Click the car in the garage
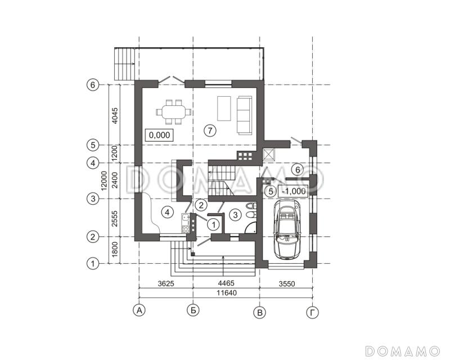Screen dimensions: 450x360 [287, 229]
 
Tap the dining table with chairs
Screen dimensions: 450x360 [174, 112]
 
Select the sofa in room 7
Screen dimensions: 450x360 [244, 115]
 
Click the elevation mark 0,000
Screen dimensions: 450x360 [160, 135]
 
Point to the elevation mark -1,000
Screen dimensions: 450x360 [294, 191]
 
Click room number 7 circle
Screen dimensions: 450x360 [210, 130]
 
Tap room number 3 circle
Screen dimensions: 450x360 [235, 215]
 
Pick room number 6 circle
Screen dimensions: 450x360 [298, 170]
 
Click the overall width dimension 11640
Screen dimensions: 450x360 [227, 293]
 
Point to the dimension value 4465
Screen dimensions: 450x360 [226, 283]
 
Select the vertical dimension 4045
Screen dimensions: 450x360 [115, 115]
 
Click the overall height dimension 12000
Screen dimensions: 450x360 [104, 181]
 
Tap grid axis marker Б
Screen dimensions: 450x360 [193, 310]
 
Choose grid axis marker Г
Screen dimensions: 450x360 [313, 313]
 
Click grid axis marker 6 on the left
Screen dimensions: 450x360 [92, 85]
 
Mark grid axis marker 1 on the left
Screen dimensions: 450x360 [92, 264]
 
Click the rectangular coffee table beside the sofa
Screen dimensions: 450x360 [224, 109]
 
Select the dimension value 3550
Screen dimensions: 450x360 [287, 284]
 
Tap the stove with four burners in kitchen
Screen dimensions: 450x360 [186, 229]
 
